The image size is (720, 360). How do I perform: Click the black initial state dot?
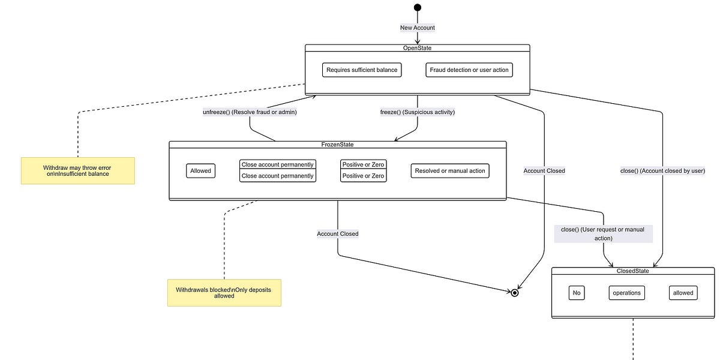pyautogui.click(x=418, y=7)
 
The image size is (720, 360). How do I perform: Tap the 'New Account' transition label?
pyautogui.click(x=418, y=28)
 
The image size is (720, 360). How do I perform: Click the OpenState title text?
pyautogui.click(x=417, y=48)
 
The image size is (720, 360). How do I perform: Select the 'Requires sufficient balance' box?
pyautogui.click(x=362, y=70)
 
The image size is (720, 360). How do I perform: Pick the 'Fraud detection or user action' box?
pyautogui.click(x=469, y=70)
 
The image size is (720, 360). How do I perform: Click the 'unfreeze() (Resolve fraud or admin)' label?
pyautogui.click(x=250, y=112)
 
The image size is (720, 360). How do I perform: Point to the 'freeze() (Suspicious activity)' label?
pyautogui.click(x=418, y=112)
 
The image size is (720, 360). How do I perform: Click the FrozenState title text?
pyautogui.click(x=337, y=145)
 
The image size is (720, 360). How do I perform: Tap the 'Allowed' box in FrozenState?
pyautogui.click(x=200, y=171)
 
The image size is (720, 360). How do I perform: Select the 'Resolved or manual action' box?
pyautogui.click(x=450, y=171)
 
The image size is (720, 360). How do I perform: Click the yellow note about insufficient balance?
pyautogui.click(x=77, y=170)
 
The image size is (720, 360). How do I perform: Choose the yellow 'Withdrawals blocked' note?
pyautogui.click(x=224, y=293)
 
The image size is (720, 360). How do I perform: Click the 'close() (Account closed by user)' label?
pyautogui.click(x=662, y=170)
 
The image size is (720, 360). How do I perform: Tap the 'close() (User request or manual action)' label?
pyautogui.click(x=603, y=234)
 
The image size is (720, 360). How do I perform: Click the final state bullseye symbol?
pyautogui.click(x=514, y=293)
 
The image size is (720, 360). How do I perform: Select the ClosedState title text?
pyautogui.click(x=633, y=271)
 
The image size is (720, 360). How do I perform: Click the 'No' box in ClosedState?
pyautogui.click(x=577, y=293)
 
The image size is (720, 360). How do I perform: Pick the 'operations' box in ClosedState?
pyautogui.click(x=626, y=293)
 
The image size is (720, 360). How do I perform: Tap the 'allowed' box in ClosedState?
pyautogui.click(x=683, y=293)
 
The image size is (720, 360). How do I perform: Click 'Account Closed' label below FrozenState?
pyautogui.click(x=338, y=233)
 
